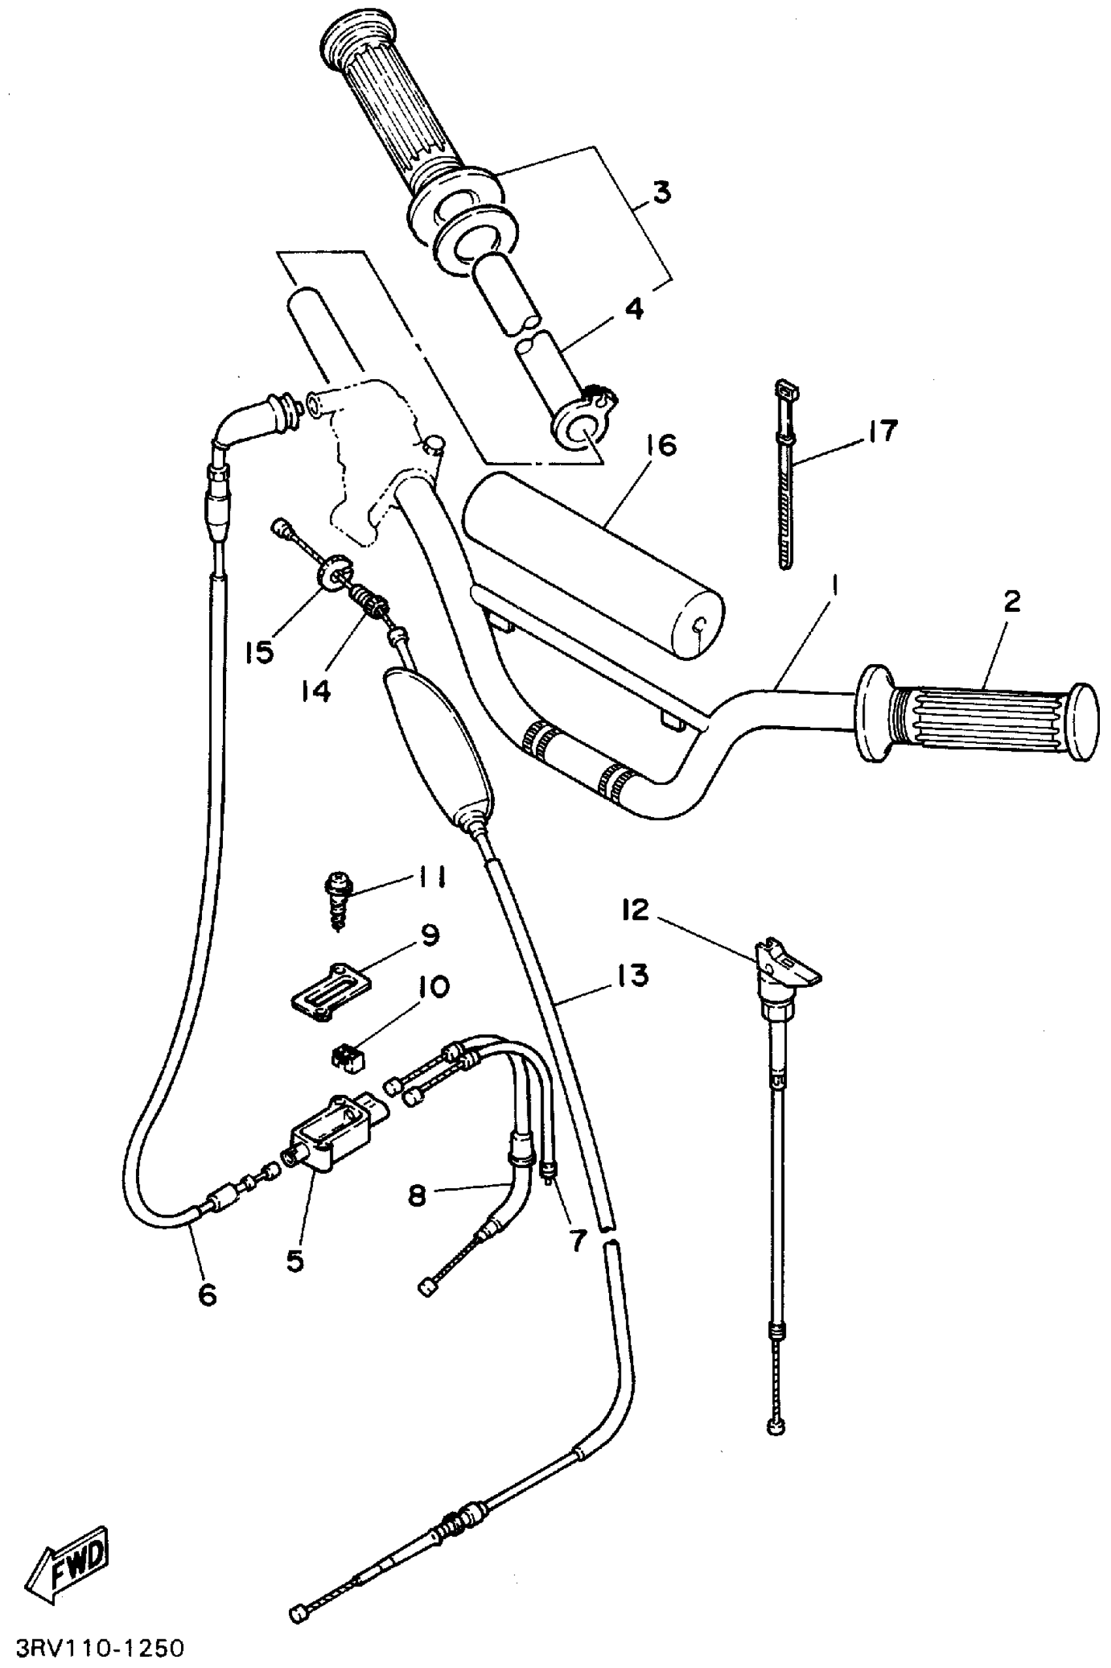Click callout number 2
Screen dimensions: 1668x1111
coord(1012,601)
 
